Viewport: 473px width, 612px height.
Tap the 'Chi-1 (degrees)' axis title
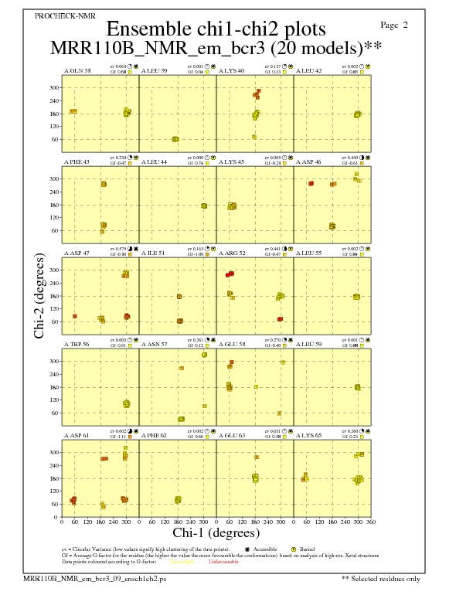tap(215, 533)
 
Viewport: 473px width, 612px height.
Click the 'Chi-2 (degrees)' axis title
tap(38, 295)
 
